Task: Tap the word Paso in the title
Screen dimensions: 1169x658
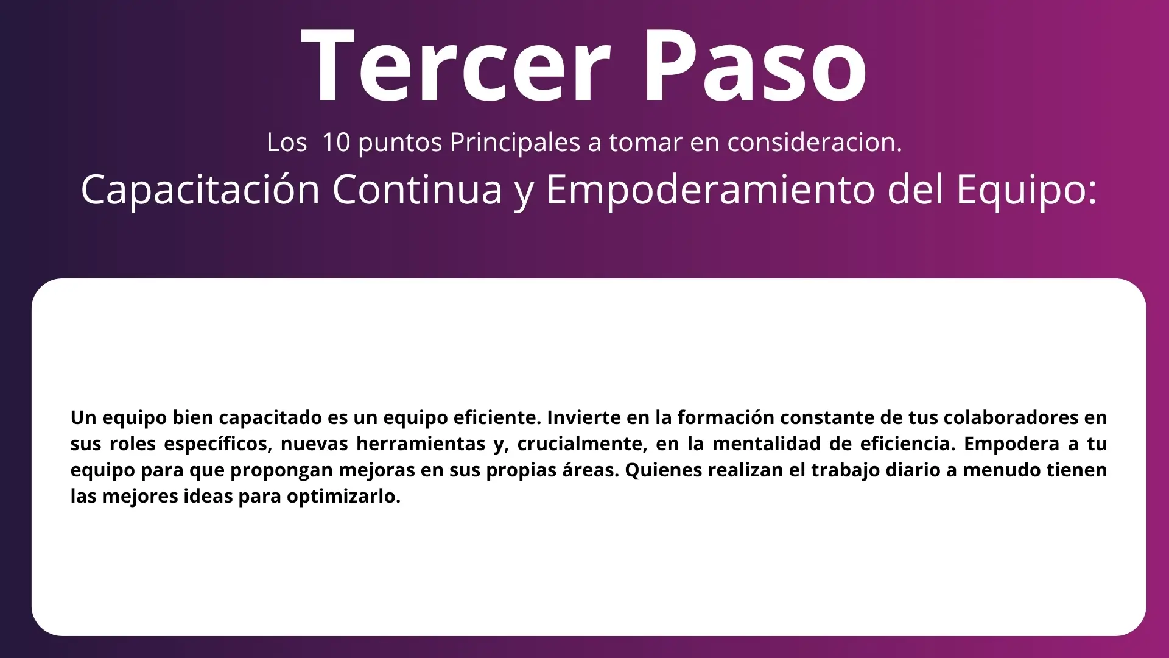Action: coord(755,65)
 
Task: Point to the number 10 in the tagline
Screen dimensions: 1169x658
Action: coord(336,142)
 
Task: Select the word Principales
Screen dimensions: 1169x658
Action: coord(515,143)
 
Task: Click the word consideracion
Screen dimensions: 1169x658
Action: coord(815,142)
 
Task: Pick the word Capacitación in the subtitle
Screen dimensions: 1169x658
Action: coord(200,189)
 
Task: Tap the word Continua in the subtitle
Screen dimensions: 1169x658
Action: coord(418,189)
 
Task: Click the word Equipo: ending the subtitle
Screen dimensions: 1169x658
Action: coord(1026,189)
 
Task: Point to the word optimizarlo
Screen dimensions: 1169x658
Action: coord(344,497)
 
